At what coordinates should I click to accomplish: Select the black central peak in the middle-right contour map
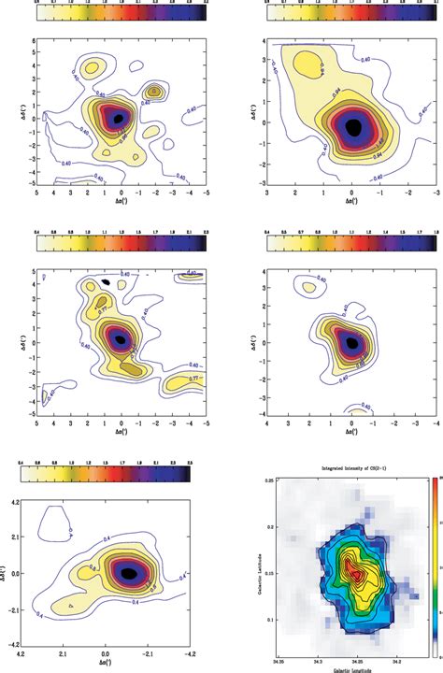point(352,343)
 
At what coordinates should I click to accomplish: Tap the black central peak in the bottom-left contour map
point(130,570)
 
